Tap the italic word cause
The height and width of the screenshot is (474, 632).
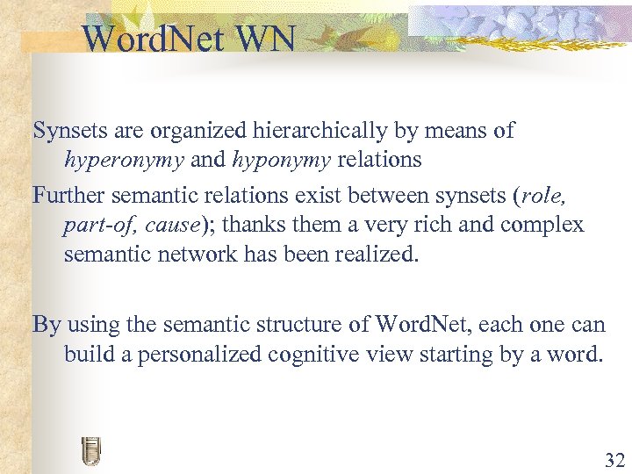tap(173, 226)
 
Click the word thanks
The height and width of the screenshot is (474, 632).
tap(255, 226)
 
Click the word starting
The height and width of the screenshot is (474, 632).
tap(475, 355)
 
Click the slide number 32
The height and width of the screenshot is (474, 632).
tap(614, 459)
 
